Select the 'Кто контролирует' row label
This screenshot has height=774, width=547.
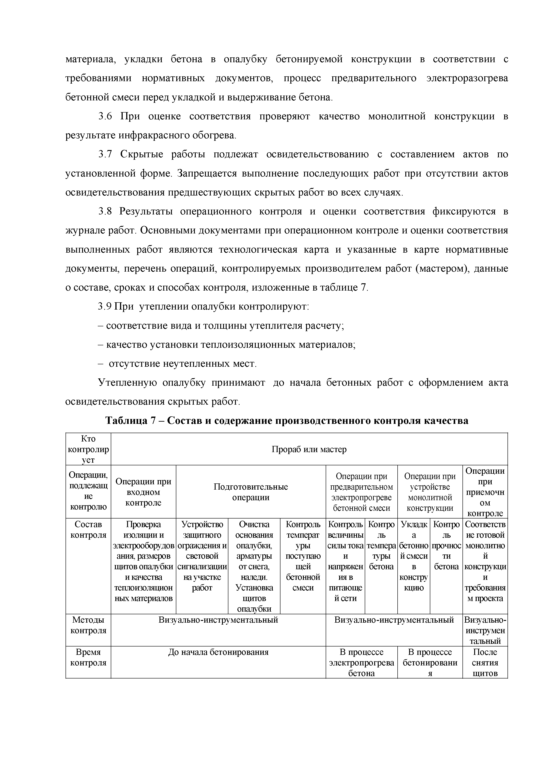[x=88, y=449]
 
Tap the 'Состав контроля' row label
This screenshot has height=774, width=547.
[x=88, y=530]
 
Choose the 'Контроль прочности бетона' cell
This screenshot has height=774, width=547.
[x=446, y=545]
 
